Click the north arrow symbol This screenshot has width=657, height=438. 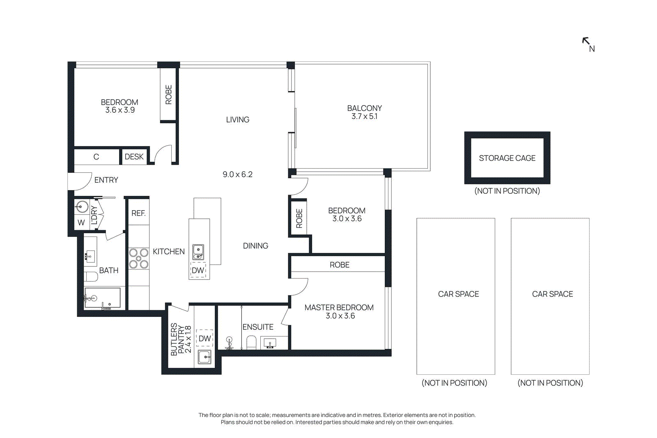click(586, 41)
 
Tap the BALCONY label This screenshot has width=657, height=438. click(364, 108)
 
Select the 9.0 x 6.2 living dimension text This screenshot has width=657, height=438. click(237, 174)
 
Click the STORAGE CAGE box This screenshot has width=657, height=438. click(507, 158)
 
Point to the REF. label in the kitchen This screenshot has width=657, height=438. click(138, 213)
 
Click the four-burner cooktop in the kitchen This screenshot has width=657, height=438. click(139, 259)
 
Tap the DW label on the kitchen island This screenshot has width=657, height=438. click(198, 271)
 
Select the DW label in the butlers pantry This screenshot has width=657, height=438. click(204, 338)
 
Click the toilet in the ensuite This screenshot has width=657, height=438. click(251, 342)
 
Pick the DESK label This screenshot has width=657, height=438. click(134, 157)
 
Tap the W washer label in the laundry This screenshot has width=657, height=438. click(81, 222)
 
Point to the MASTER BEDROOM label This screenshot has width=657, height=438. click(339, 307)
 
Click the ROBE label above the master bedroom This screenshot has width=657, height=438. click(339, 265)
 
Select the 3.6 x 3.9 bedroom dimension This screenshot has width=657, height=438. click(119, 110)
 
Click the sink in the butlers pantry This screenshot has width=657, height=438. click(204, 357)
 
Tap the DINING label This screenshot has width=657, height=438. click(255, 246)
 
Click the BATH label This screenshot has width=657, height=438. click(108, 271)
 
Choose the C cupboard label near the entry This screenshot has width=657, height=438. click(96, 157)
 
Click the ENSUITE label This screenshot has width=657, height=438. click(257, 327)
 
